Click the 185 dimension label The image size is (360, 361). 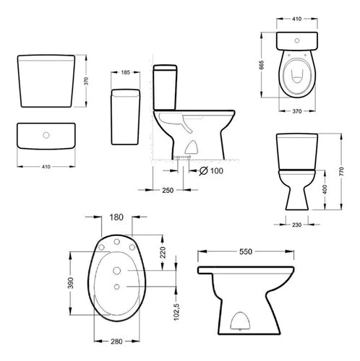[x=125, y=72]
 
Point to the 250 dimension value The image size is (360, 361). [x=168, y=191]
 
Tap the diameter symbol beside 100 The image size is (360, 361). [x=204, y=171]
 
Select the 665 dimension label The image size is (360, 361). [x=262, y=65]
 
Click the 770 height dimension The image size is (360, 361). [x=341, y=171]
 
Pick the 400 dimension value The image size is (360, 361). [x=325, y=189]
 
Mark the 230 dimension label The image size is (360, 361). [x=296, y=225]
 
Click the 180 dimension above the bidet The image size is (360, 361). [x=116, y=217]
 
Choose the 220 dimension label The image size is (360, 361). [x=163, y=252]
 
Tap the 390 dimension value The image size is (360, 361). [x=70, y=283]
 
